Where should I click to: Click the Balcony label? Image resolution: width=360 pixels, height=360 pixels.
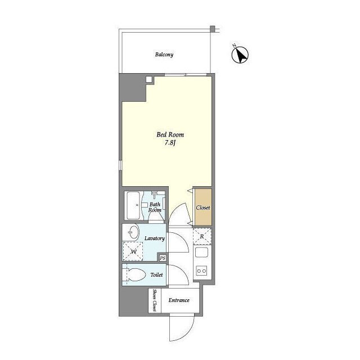pos(164,55)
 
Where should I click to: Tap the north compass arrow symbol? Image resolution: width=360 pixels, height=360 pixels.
pos(240,55)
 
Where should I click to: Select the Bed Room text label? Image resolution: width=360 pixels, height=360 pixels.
pos(170,134)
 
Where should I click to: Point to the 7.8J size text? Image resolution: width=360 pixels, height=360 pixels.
pos(170,143)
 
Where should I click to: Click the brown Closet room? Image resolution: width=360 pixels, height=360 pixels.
pos(203,208)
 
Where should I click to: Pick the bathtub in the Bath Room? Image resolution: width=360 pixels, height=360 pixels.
pos(133,205)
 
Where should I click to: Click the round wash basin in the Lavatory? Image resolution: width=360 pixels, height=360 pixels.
pos(133,232)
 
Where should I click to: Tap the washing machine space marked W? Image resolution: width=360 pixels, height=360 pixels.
pos(133,251)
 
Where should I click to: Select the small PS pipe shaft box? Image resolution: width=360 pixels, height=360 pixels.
pos(163,258)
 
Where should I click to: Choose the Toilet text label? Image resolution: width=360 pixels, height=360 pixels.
pos(156,274)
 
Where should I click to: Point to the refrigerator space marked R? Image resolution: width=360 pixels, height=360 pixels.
pos(202,236)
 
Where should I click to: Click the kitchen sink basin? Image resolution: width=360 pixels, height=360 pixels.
pos(201,252)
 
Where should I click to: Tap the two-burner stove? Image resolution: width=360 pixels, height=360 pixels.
pos(201,271)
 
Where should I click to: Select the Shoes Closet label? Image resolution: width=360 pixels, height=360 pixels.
pos(155,300)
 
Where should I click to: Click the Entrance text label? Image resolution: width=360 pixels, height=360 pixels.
pos(179,300)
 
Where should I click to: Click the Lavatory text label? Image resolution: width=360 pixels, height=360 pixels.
pos(155,238)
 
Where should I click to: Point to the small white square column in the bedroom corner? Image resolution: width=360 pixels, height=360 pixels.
pos(148,79)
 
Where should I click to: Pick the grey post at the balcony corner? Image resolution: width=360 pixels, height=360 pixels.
pos(213,29)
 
